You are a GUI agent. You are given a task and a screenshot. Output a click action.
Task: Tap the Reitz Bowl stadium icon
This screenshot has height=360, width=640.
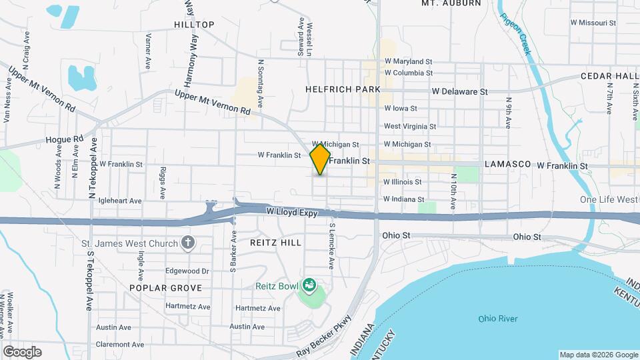[309, 286]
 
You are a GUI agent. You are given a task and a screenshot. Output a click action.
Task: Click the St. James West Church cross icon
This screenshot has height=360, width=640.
[189, 241]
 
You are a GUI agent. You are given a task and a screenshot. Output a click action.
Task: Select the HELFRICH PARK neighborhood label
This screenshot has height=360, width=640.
[343, 89]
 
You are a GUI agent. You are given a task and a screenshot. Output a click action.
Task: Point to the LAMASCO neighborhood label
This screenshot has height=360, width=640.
[507, 164]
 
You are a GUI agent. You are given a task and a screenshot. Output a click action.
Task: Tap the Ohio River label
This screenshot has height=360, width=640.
[498, 319]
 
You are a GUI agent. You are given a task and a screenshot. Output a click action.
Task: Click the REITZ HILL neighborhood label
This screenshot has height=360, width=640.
[275, 243]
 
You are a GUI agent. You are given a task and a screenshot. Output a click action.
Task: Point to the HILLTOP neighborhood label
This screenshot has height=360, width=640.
[194, 25]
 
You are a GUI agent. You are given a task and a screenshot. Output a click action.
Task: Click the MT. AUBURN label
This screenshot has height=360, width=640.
[451, 3]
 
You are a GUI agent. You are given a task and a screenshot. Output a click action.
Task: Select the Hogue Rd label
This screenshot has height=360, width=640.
[64, 139]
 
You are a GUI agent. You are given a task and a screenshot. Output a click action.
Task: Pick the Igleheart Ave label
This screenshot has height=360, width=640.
[120, 200]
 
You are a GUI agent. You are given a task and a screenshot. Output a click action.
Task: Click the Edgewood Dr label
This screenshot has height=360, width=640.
[187, 271]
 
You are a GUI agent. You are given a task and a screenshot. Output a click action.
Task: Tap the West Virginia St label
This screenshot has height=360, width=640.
[409, 126]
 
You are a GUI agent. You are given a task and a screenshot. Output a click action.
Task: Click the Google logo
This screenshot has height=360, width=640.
[22, 351]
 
